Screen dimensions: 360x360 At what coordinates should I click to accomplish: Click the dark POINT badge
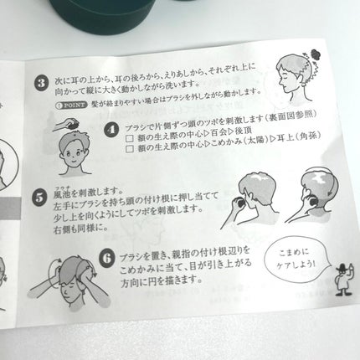[x=64, y=107]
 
